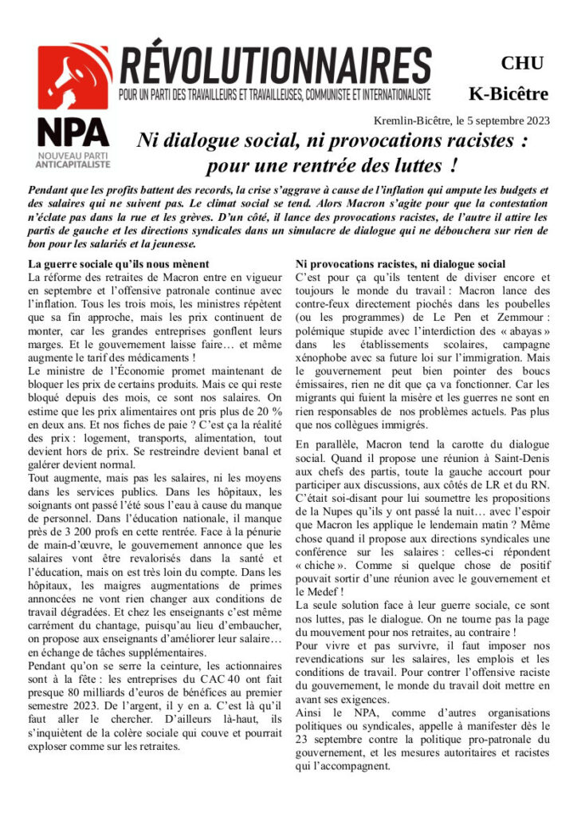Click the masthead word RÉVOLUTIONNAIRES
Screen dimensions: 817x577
pos(275,67)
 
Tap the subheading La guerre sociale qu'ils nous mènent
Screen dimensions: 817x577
pos(119,264)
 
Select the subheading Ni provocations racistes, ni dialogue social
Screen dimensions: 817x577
pos(400,264)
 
